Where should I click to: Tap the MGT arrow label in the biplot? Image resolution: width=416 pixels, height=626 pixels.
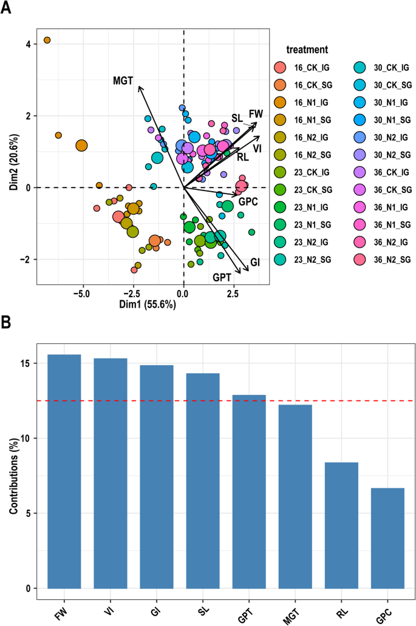[x=123, y=80]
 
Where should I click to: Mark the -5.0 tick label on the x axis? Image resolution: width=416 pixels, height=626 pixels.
[x=82, y=294]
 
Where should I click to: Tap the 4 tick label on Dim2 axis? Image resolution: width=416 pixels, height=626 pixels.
[x=28, y=44]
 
